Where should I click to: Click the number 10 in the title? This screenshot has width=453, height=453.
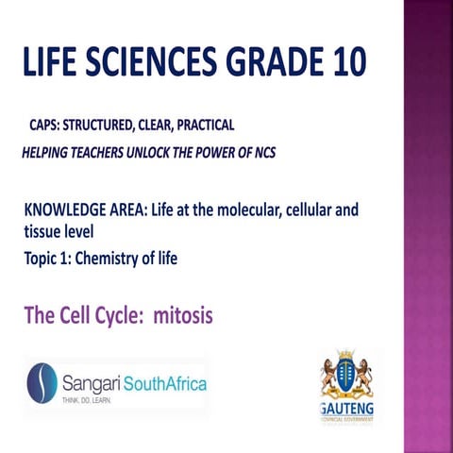343,65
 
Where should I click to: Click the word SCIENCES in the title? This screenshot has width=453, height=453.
149,65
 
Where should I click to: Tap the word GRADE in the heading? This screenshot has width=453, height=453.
267,65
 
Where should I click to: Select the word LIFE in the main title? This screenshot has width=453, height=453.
56,65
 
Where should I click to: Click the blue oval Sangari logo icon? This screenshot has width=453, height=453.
42,383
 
